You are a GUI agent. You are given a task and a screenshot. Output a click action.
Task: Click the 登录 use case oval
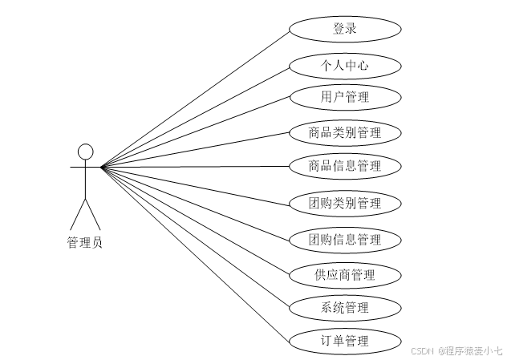(344, 30)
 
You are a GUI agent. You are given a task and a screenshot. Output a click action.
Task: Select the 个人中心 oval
(344, 65)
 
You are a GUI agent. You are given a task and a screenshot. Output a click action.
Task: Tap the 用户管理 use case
(344, 97)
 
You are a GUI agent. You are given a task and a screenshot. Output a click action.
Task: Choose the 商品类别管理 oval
(344, 132)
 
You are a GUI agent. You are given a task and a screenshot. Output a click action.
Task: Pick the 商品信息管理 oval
(344, 167)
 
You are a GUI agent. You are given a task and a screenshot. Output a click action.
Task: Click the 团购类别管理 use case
(344, 203)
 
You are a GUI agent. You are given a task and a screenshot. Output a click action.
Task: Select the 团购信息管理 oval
(344, 239)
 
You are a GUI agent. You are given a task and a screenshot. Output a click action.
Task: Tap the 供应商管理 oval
(344, 275)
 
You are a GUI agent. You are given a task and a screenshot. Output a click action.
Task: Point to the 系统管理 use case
(344, 307)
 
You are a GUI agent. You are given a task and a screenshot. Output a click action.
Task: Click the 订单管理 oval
(344, 341)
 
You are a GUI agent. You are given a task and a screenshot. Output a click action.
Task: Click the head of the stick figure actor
(86, 151)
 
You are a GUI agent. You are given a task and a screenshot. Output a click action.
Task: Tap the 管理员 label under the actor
(85, 243)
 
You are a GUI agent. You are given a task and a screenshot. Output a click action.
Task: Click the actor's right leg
(94, 213)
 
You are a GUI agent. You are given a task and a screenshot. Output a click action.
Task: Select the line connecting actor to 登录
(195, 98)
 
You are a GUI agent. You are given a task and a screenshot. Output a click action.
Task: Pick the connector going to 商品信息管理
(195, 167)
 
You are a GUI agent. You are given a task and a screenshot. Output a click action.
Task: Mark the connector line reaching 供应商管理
(195, 221)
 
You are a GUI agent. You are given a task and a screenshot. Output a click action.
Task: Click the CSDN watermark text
(457, 350)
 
